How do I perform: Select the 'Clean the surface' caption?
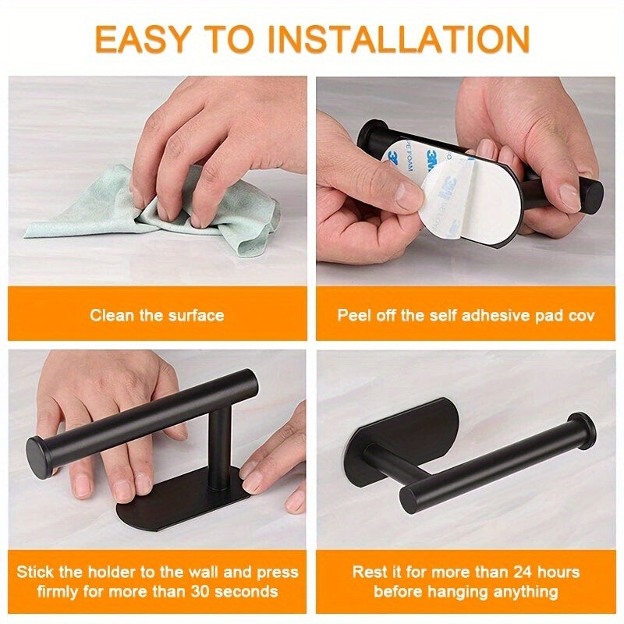(x=157, y=316)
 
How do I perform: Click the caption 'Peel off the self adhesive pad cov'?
(x=466, y=316)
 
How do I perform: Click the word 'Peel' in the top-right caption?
(x=353, y=316)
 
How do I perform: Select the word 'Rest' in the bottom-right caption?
(x=369, y=572)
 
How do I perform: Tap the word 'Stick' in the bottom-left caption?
(x=37, y=572)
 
